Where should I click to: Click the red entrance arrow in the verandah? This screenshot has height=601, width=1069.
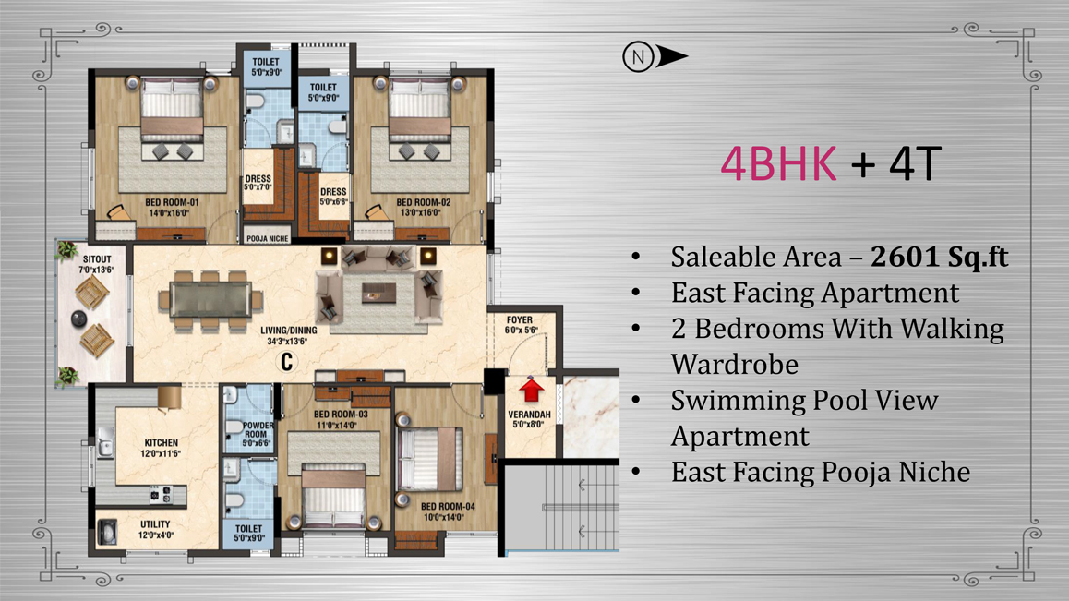531,391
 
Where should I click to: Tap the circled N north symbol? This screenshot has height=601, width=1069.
638,56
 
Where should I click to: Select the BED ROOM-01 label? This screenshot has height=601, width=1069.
172,202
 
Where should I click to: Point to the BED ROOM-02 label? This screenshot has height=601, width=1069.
424,202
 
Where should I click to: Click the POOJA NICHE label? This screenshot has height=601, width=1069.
268,239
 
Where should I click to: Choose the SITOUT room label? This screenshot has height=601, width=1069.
97,259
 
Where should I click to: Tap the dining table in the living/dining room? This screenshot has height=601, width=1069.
210,301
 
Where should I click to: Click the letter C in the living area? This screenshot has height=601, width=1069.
287,362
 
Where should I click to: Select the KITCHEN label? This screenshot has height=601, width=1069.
161,443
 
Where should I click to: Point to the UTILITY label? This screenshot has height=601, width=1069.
155,524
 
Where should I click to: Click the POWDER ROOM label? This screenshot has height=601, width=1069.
257,430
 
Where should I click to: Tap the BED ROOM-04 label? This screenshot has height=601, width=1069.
448,506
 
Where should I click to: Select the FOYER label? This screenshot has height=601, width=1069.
520,320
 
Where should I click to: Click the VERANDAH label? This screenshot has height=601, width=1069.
530,415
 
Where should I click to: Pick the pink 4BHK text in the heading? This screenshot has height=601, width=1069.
778,163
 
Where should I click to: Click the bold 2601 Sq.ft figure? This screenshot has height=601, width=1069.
940,257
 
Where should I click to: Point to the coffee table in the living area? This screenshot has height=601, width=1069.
379,294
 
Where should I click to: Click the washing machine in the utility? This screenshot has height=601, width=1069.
107,532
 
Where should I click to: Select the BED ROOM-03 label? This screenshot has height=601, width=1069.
341,415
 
